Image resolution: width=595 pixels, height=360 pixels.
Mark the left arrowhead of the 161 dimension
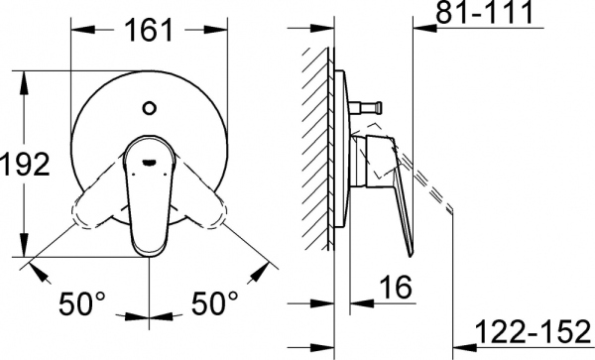point(76,46)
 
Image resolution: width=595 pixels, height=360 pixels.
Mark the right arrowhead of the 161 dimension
point(222,46)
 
